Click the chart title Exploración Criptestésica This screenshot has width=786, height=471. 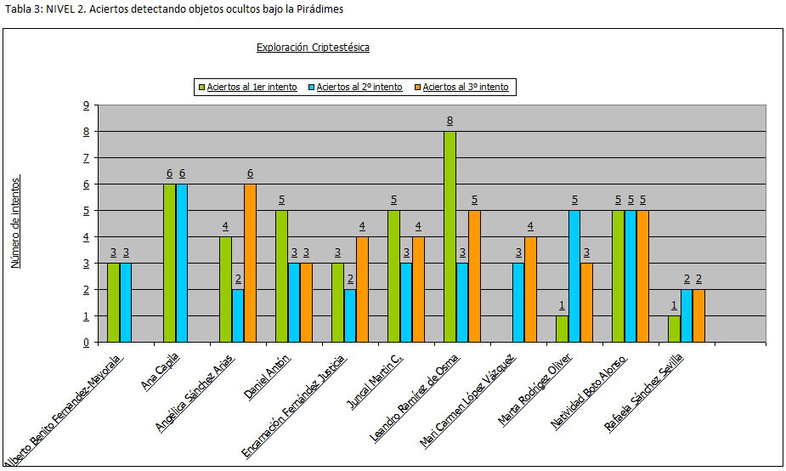tap(313, 48)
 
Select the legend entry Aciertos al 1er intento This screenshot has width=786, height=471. tap(252, 87)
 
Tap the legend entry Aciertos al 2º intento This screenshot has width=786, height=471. tap(359, 87)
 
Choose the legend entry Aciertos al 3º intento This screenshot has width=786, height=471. tap(466, 87)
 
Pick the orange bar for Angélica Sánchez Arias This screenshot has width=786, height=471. tap(250, 263)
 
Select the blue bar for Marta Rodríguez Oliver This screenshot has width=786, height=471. tap(574, 276)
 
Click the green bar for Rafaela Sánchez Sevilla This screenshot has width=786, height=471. tap(674, 329)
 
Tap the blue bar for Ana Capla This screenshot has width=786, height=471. tap(182, 263)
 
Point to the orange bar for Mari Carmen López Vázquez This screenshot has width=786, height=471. tap(530, 289)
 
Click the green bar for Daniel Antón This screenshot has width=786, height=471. tap(282, 276)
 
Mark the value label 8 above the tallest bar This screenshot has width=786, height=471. tap(450, 121)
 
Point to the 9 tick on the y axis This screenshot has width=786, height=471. tap(86, 105)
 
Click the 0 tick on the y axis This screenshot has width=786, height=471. tap(86, 343)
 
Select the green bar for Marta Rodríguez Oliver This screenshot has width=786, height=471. tap(562, 329)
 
